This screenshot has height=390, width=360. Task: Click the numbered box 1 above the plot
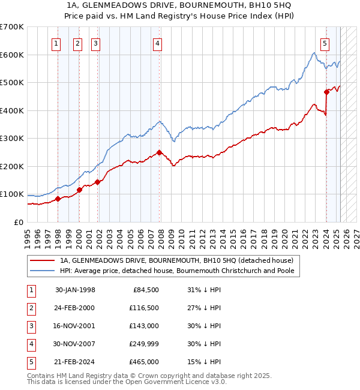(56, 43)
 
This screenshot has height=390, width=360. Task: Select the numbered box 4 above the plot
(157, 43)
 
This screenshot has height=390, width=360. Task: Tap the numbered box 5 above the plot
(325, 43)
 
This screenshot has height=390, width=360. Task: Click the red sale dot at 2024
(327, 92)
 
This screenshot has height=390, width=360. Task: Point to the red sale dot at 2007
(159, 152)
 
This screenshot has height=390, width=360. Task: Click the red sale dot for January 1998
(58, 199)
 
